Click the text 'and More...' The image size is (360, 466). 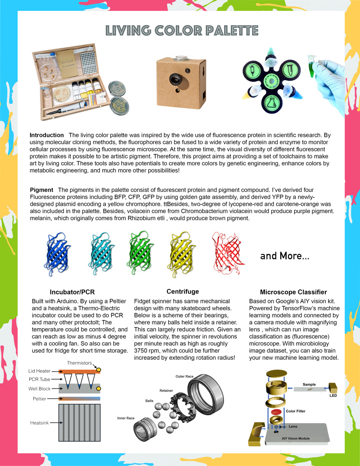pyautogui.click(x=284, y=256)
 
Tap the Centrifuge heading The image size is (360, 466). pyautogui.click(x=183, y=291)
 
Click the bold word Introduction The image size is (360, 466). pyautogui.click(x=47, y=135)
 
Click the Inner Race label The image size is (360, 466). pyautogui.click(x=126, y=418)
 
